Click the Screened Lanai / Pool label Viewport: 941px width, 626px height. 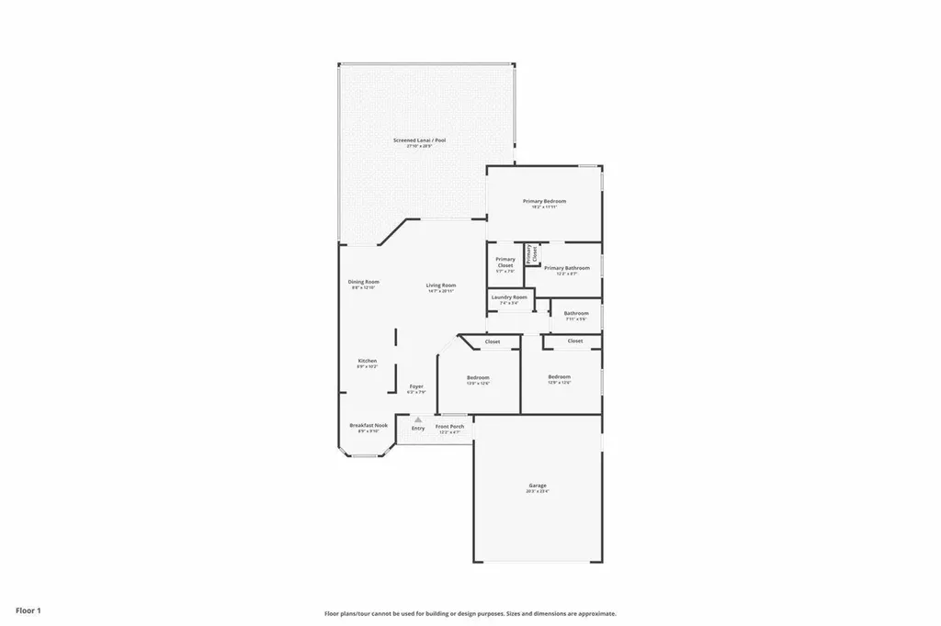(419, 140)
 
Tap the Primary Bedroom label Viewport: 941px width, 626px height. (544, 201)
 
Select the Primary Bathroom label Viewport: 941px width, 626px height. (566, 268)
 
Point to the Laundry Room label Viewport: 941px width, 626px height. (509, 297)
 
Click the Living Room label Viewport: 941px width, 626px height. (441, 285)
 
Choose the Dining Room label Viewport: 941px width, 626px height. (364, 282)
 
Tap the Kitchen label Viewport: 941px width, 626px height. (367, 361)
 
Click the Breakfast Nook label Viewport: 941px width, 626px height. (368, 425)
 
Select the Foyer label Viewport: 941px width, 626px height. (416, 386)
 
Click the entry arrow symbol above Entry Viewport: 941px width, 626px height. (418, 419)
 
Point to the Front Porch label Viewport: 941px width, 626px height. (450, 427)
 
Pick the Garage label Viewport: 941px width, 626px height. (538, 486)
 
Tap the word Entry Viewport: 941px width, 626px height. (418, 428)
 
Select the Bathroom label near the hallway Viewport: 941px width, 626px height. (576, 313)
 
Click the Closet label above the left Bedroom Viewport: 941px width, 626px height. (493, 341)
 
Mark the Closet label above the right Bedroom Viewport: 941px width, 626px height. (575, 341)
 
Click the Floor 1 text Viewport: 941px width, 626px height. (28, 609)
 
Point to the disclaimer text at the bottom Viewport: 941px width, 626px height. (470, 613)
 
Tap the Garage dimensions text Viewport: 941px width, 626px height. (538, 492)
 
